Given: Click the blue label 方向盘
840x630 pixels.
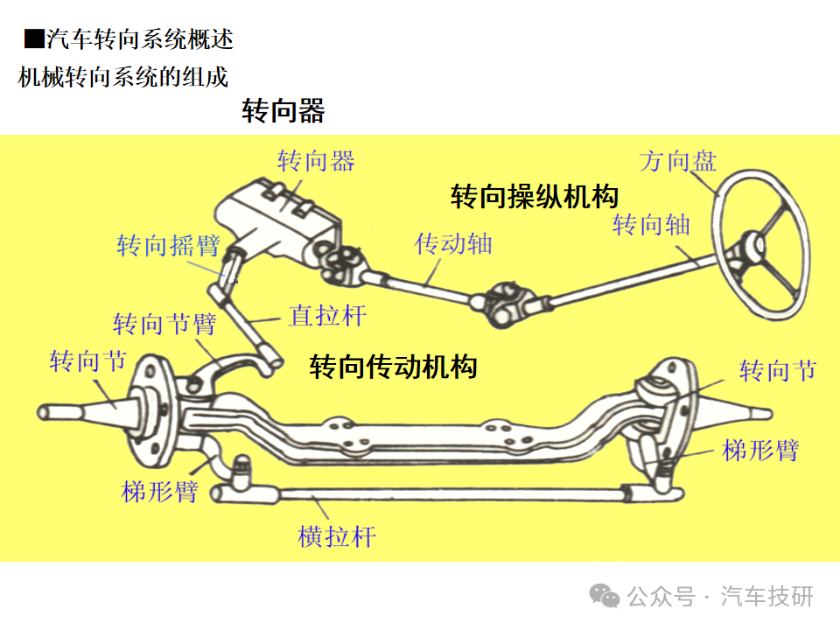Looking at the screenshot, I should (677, 160).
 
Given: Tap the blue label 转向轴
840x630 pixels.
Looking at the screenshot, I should (651, 225).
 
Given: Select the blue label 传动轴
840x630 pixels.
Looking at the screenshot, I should (453, 244).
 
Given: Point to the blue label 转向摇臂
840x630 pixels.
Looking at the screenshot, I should (168, 245).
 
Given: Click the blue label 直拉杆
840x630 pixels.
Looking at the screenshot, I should (327, 315).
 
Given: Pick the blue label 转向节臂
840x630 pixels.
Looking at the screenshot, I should (164, 325).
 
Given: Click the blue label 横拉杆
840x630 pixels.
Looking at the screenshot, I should (337, 535).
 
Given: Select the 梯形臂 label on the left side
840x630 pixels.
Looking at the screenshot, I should (160, 491).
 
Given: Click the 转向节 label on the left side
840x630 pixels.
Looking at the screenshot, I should (87, 361).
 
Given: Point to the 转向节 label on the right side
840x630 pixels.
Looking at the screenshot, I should (778, 371).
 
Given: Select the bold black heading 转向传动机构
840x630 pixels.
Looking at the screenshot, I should (393, 366).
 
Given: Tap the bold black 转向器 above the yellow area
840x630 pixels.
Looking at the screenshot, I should (283, 111).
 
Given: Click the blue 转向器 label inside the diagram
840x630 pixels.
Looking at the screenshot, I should (316, 161).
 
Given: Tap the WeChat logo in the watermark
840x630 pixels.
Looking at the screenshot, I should (605, 596).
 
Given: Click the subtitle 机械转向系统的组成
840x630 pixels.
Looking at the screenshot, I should (123, 77).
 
